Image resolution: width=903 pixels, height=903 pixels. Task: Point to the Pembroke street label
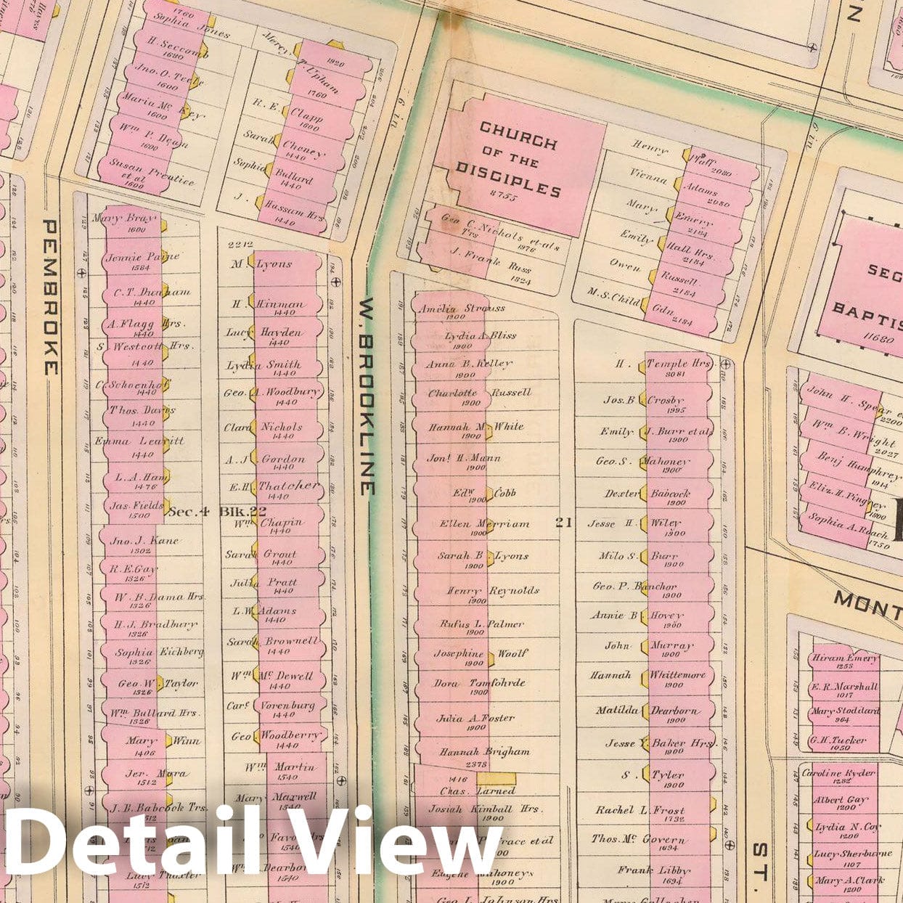[x=51, y=298]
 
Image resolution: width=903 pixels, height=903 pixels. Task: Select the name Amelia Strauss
[x=462, y=309]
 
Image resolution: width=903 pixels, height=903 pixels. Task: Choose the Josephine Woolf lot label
[x=481, y=653]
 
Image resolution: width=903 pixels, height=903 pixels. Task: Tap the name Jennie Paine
[x=142, y=257]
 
